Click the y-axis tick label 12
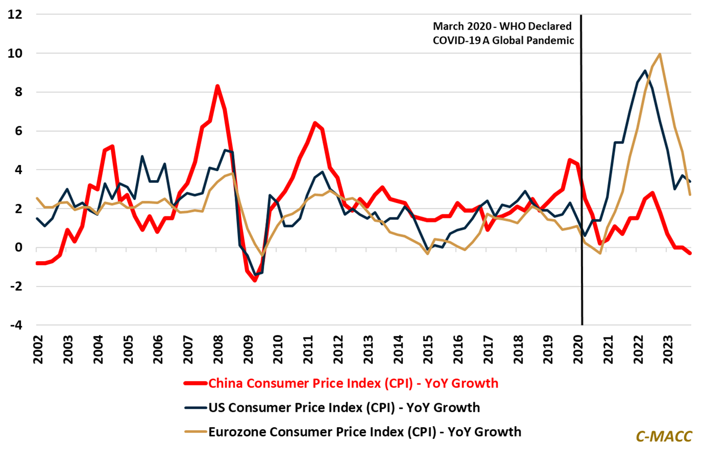point(15,14)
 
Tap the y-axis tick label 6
point(18,131)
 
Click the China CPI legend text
point(353,383)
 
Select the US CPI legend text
point(344,408)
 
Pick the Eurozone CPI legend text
point(365,432)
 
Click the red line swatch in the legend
point(196,383)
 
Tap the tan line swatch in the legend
point(196,432)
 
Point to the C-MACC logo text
point(664,436)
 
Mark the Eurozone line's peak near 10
point(659,54)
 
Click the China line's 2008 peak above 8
point(218,86)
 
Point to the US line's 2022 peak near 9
point(645,71)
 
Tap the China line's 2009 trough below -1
point(255,280)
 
